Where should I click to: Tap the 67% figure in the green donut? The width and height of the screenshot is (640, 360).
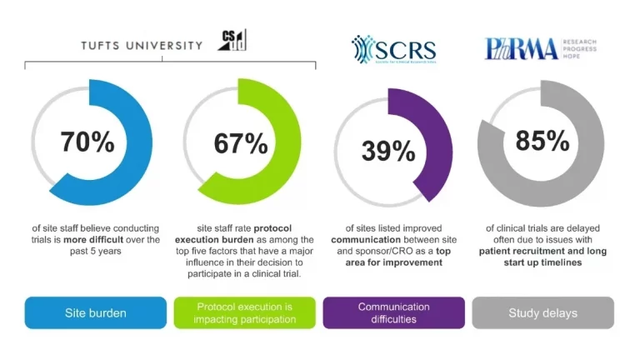click(241, 143)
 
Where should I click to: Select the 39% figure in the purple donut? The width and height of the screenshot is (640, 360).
click(388, 151)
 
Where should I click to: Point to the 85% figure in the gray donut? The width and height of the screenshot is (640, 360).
click(542, 142)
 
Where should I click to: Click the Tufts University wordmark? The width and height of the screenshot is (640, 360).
click(142, 45)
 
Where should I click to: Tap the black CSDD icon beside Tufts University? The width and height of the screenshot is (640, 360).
click(232, 40)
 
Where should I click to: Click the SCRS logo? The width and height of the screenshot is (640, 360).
click(393, 50)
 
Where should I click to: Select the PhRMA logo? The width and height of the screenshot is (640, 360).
click(522, 48)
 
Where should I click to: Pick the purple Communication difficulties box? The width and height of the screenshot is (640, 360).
click(393, 313)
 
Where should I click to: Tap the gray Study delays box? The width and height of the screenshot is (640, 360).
click(542, 313)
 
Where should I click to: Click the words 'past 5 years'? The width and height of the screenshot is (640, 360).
click(87, 250)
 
